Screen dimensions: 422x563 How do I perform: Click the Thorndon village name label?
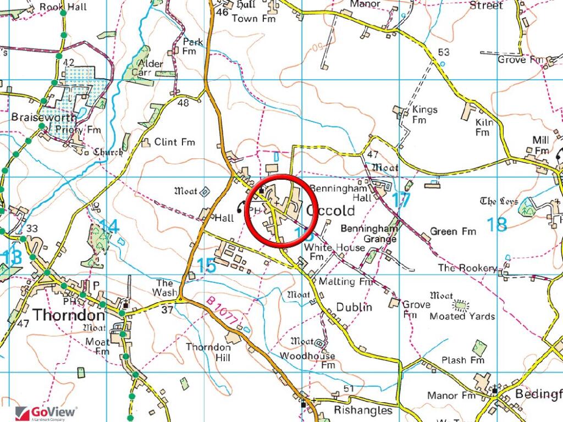(x=69, y=315)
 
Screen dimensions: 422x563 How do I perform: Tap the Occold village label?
(x=331, y=210)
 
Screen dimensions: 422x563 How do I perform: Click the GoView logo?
(x=46, y=413)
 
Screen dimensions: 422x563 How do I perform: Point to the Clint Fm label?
(x=174, y=142)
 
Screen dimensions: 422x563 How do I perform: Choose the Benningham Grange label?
(x=368, y=234)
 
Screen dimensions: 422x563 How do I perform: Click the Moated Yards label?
(x=462, y=316)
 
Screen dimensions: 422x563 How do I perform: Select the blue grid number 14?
(x=109, y=226)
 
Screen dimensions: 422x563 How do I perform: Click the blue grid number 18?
(x=496, y=224)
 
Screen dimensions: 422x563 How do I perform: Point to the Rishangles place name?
(x=363, y=410)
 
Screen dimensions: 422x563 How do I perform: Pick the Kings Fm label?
(x=424, y=114)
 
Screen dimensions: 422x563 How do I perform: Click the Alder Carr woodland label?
(x=149, y=68)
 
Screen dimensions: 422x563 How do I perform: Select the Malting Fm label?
(x=350, y=281)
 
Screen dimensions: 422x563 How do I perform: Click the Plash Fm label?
(x=463, y=360)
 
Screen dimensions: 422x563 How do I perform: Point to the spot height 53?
(x=444, y=52)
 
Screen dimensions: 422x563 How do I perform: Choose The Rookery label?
(x=467, y=268)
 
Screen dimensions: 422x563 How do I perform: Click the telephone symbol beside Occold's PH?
(x=240, y=207)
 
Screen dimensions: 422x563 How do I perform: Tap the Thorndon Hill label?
(x=208, y=352)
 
